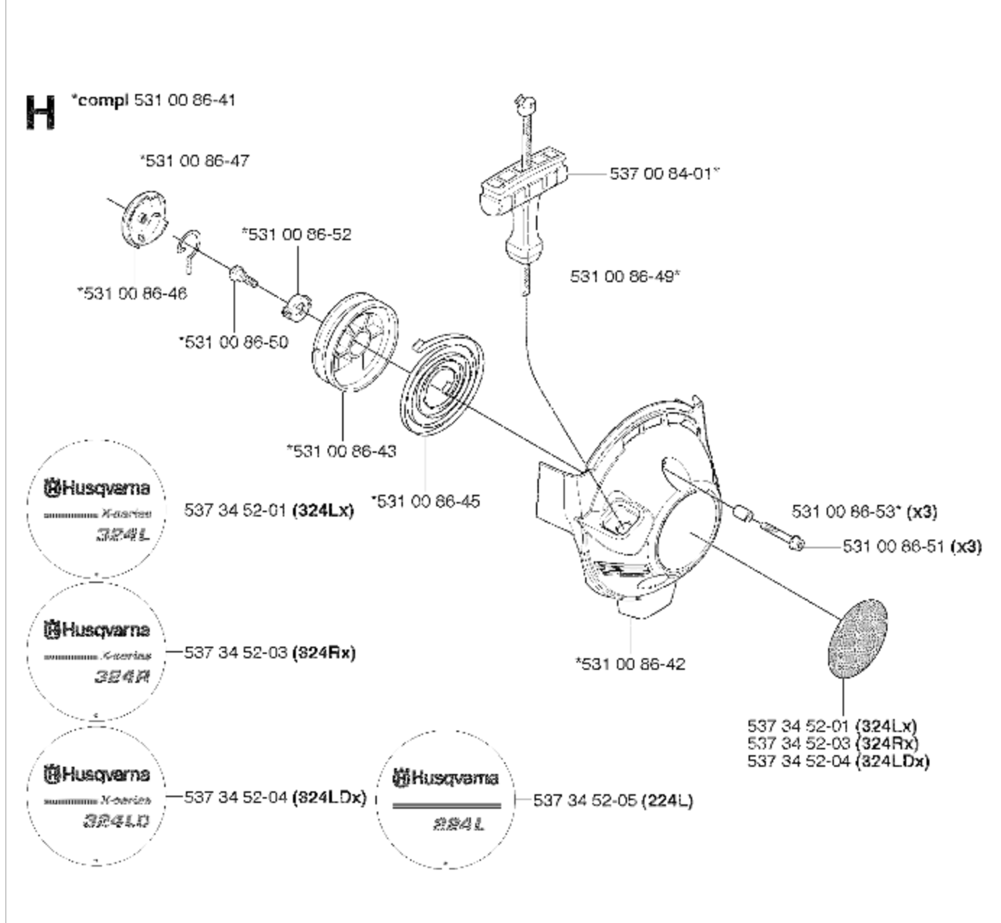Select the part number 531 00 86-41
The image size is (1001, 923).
coord(184,100)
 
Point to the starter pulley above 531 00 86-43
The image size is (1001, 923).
coord(352,341)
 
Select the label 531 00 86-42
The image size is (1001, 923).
coord(630,663)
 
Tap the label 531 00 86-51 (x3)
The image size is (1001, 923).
coord(912,546)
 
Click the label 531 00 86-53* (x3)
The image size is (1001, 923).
coord(864,512)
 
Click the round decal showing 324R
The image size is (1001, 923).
coord(98,652)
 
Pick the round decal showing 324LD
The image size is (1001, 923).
coord(98,796)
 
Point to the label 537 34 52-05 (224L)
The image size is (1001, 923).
coord(613,801)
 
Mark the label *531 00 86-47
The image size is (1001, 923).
coord(195,161)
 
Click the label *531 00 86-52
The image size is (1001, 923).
coord(297,234)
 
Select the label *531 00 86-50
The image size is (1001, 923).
coord(234,341)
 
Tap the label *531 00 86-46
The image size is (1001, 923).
coord(132,293)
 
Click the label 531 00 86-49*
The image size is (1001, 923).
coord(625,276)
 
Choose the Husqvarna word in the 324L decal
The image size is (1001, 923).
coord(106,488)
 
